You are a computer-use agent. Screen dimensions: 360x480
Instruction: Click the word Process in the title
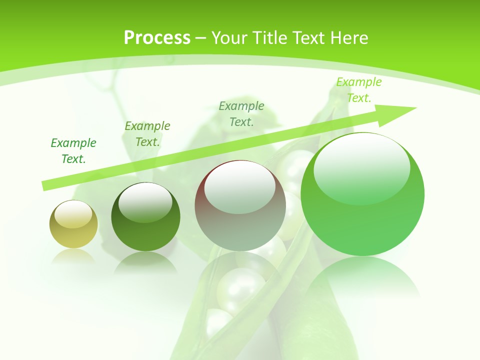click(x=157, y=38)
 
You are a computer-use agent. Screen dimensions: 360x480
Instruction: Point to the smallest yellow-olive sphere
click(x=73, y=224)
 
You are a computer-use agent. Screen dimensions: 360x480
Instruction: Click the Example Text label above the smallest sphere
click(x=73, y=151)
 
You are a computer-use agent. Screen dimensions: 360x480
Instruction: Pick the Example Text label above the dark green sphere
click(x=147, y=134)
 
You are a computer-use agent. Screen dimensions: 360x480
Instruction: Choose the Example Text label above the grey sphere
click(x=241, y=113)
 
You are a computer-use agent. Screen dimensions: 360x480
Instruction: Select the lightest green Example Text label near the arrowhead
click(x=358, y=90)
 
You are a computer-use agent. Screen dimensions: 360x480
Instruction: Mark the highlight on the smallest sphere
click(x=73, y=213)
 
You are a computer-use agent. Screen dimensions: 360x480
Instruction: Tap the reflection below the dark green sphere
click(x=145, y=262)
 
